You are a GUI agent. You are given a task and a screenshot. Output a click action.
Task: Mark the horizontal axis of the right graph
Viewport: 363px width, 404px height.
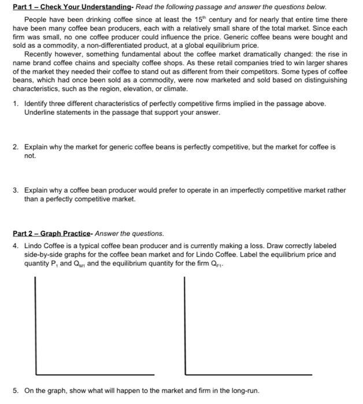(249, 374)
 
